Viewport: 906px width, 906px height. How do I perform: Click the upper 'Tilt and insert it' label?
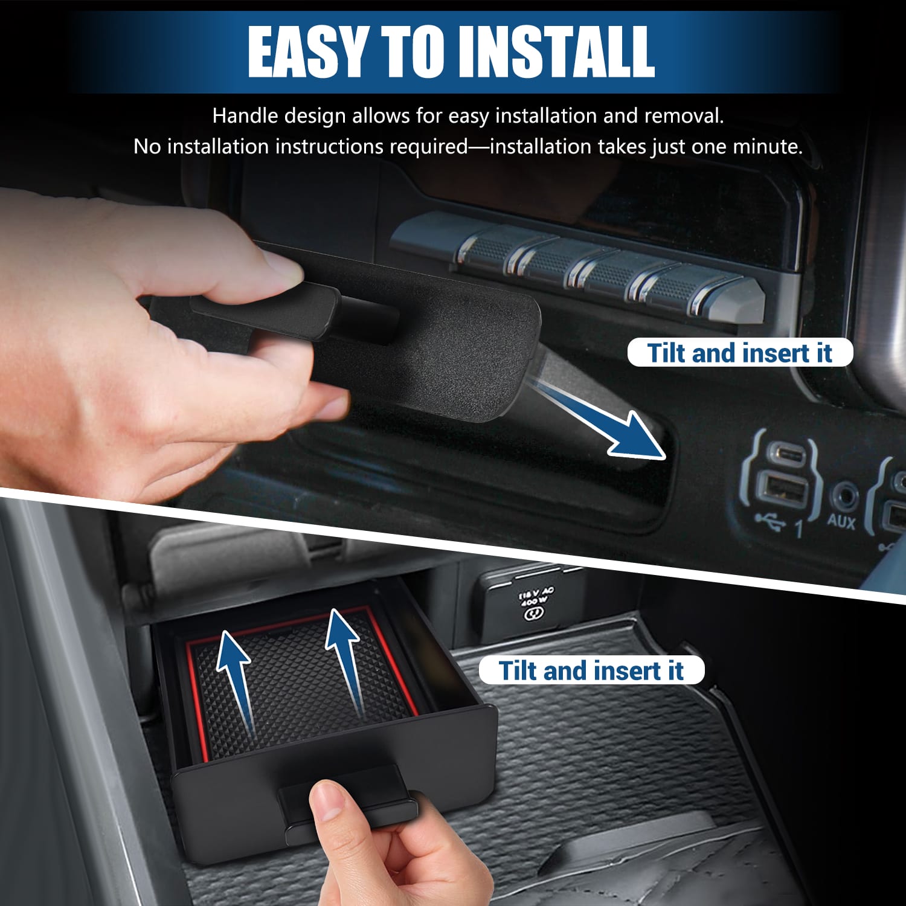point(740,353)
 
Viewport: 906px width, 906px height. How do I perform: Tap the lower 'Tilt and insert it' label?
point(591,670)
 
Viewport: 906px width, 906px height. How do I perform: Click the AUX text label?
point(841,521)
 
